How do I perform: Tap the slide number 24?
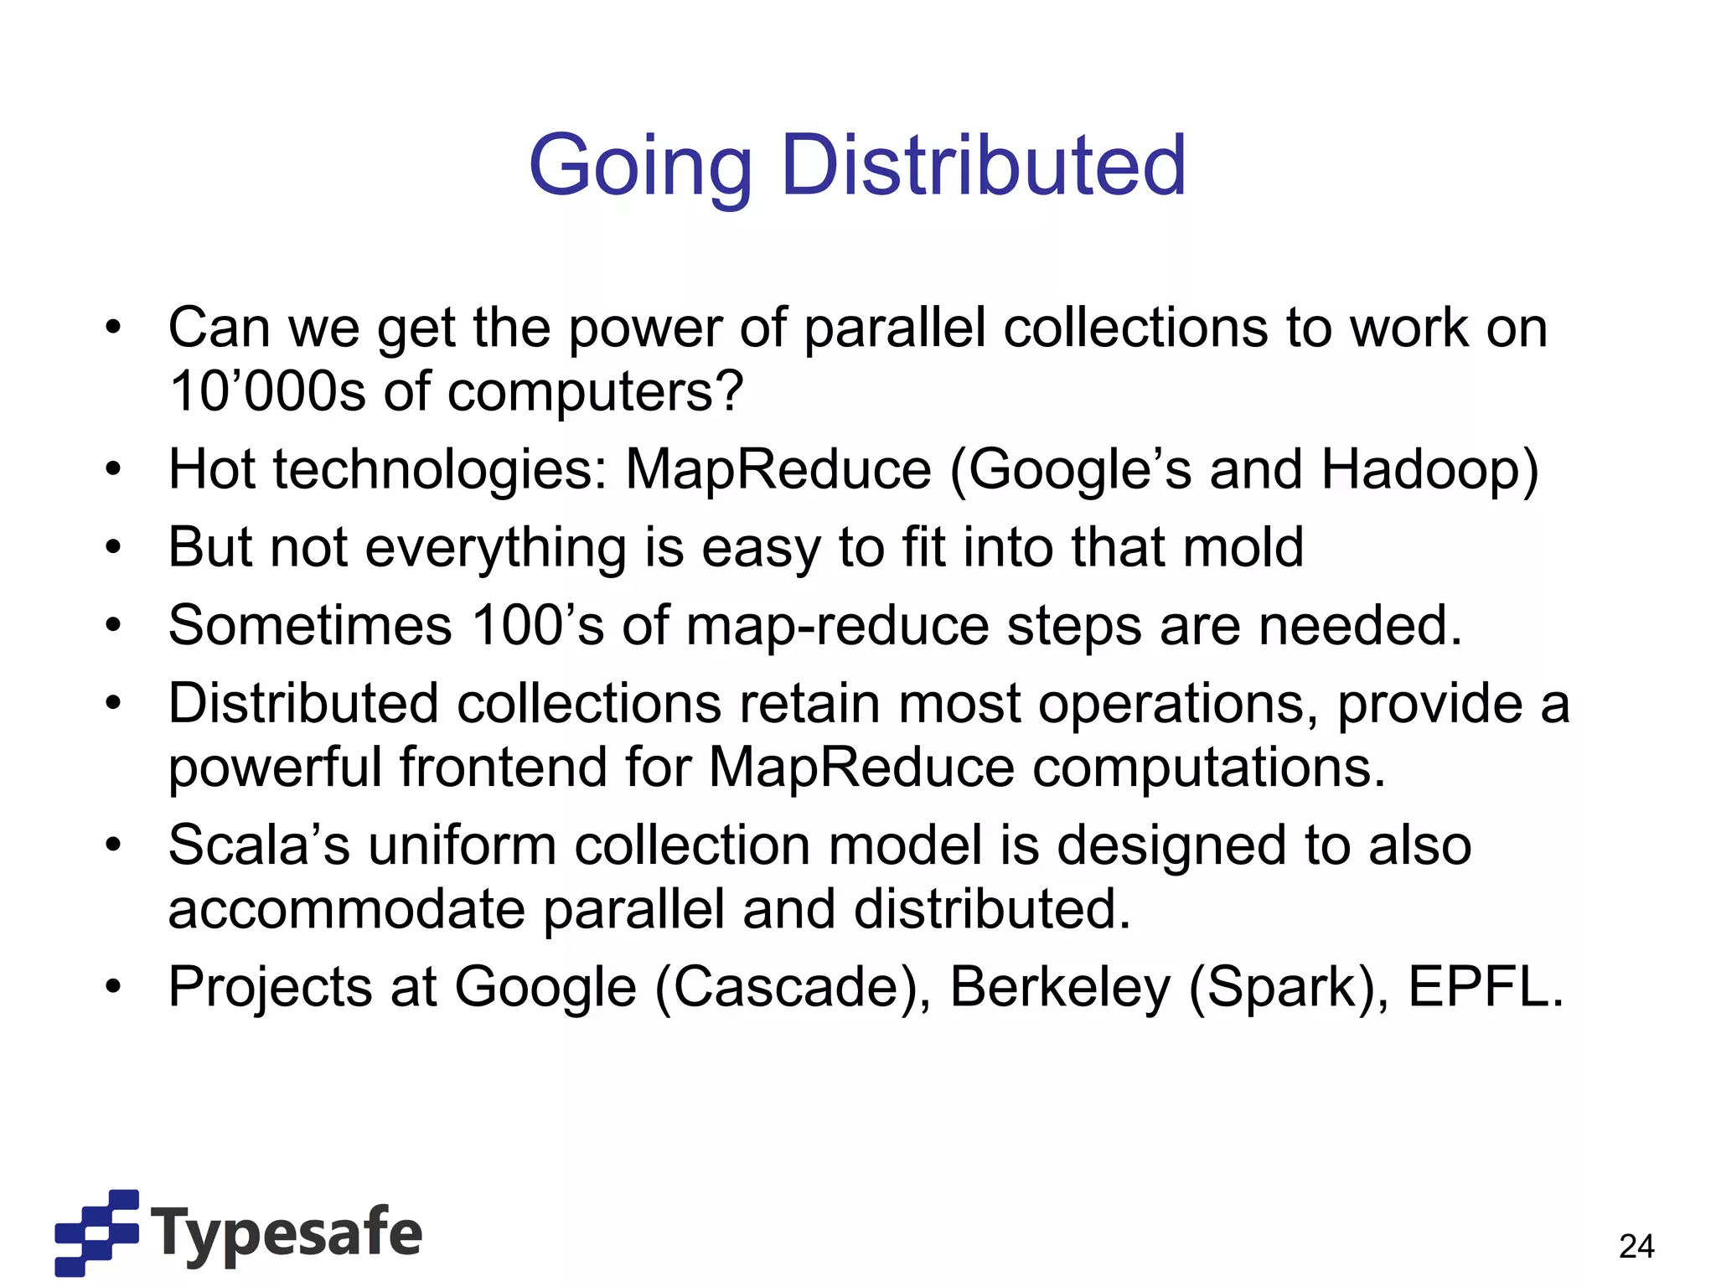click(x=1636, y=1247)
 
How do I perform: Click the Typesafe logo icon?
click(x=96, y=1232)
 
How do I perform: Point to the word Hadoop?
click(x=1429, y=469)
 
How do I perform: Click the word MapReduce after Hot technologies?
click(x=778, y=469)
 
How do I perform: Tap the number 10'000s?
click(x=267, y=391)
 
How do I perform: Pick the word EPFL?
click(x=1485, y=987)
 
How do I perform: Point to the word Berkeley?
click(x=1060, y=987)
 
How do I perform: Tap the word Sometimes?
click(x=310, y=625)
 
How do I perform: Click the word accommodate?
click(x=346, y=909)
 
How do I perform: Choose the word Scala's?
click(x=259, y=845)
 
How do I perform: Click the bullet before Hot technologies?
click(x=114, y=470)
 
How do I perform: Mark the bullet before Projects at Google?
click(x=114, y=988)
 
